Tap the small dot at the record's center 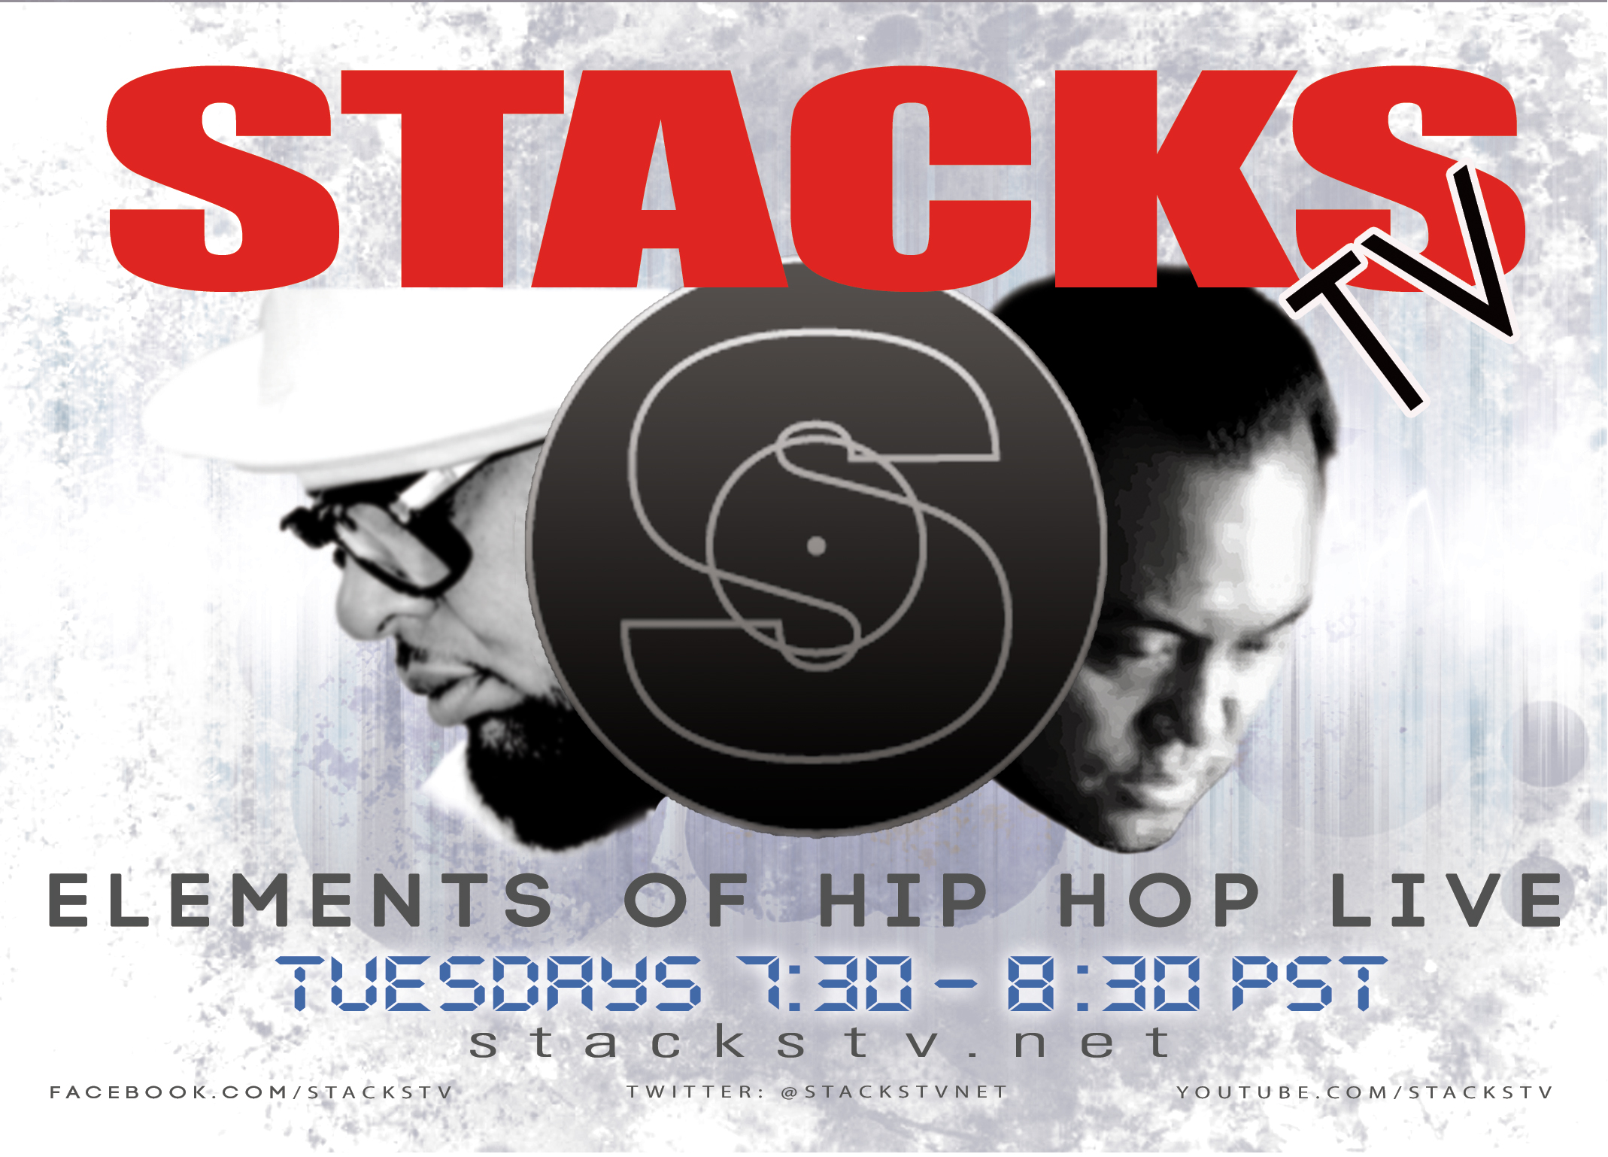point(816,546)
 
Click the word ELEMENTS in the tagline point(301,900)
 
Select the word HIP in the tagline point(902,900)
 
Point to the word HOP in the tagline point(1158,900)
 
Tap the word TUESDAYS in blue point(489,984)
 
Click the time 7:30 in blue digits point(824,984)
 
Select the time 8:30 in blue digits point(1103,984)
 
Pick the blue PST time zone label point(1309,984)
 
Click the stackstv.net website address point(820,1043)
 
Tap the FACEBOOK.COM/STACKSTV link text point(251,1093)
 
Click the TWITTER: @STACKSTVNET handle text point(817,1092)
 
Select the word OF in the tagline point(686,900)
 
